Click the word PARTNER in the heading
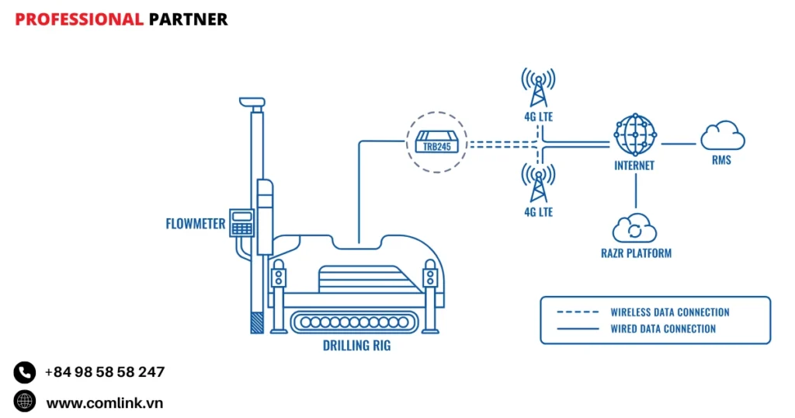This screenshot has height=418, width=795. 189,19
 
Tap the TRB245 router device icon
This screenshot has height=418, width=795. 437,143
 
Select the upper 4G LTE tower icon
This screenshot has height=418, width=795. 538,87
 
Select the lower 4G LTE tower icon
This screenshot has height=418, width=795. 538,183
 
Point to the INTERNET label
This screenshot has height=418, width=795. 634,165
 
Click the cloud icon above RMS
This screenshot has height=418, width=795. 722,136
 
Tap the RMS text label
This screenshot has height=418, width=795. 721,161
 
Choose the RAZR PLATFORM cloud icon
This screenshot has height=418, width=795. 634,228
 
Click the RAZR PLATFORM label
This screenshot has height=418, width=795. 636,253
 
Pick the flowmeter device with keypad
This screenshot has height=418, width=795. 242,222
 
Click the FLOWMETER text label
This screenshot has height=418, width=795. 196,225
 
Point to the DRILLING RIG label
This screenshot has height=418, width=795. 357,346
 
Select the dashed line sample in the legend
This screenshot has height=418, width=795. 578,312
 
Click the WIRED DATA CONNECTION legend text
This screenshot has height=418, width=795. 663,329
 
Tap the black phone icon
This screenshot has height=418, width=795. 25,372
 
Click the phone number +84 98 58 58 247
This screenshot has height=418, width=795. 105,372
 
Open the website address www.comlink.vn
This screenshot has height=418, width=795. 105,402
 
